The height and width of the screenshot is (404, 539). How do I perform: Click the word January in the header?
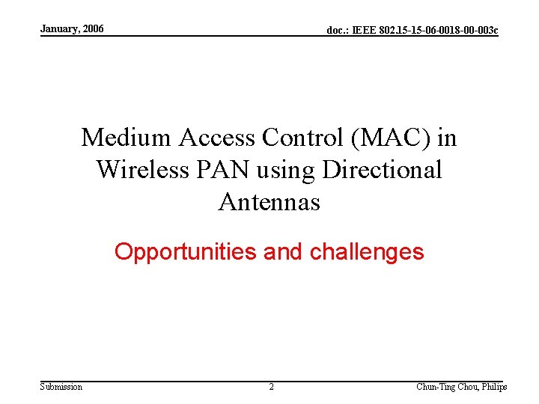[x=60, y=29]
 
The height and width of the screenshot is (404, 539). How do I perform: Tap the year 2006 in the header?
[x=93, y=29]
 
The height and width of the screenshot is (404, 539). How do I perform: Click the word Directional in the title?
[x=382, y=170]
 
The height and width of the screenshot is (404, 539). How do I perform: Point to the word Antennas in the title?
[x=269, y=202]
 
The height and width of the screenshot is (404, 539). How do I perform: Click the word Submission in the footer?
[x=61, y=386]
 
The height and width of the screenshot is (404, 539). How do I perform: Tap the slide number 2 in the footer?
[x=271, y=387]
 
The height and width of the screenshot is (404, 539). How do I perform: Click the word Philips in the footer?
[x=493, y=387]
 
